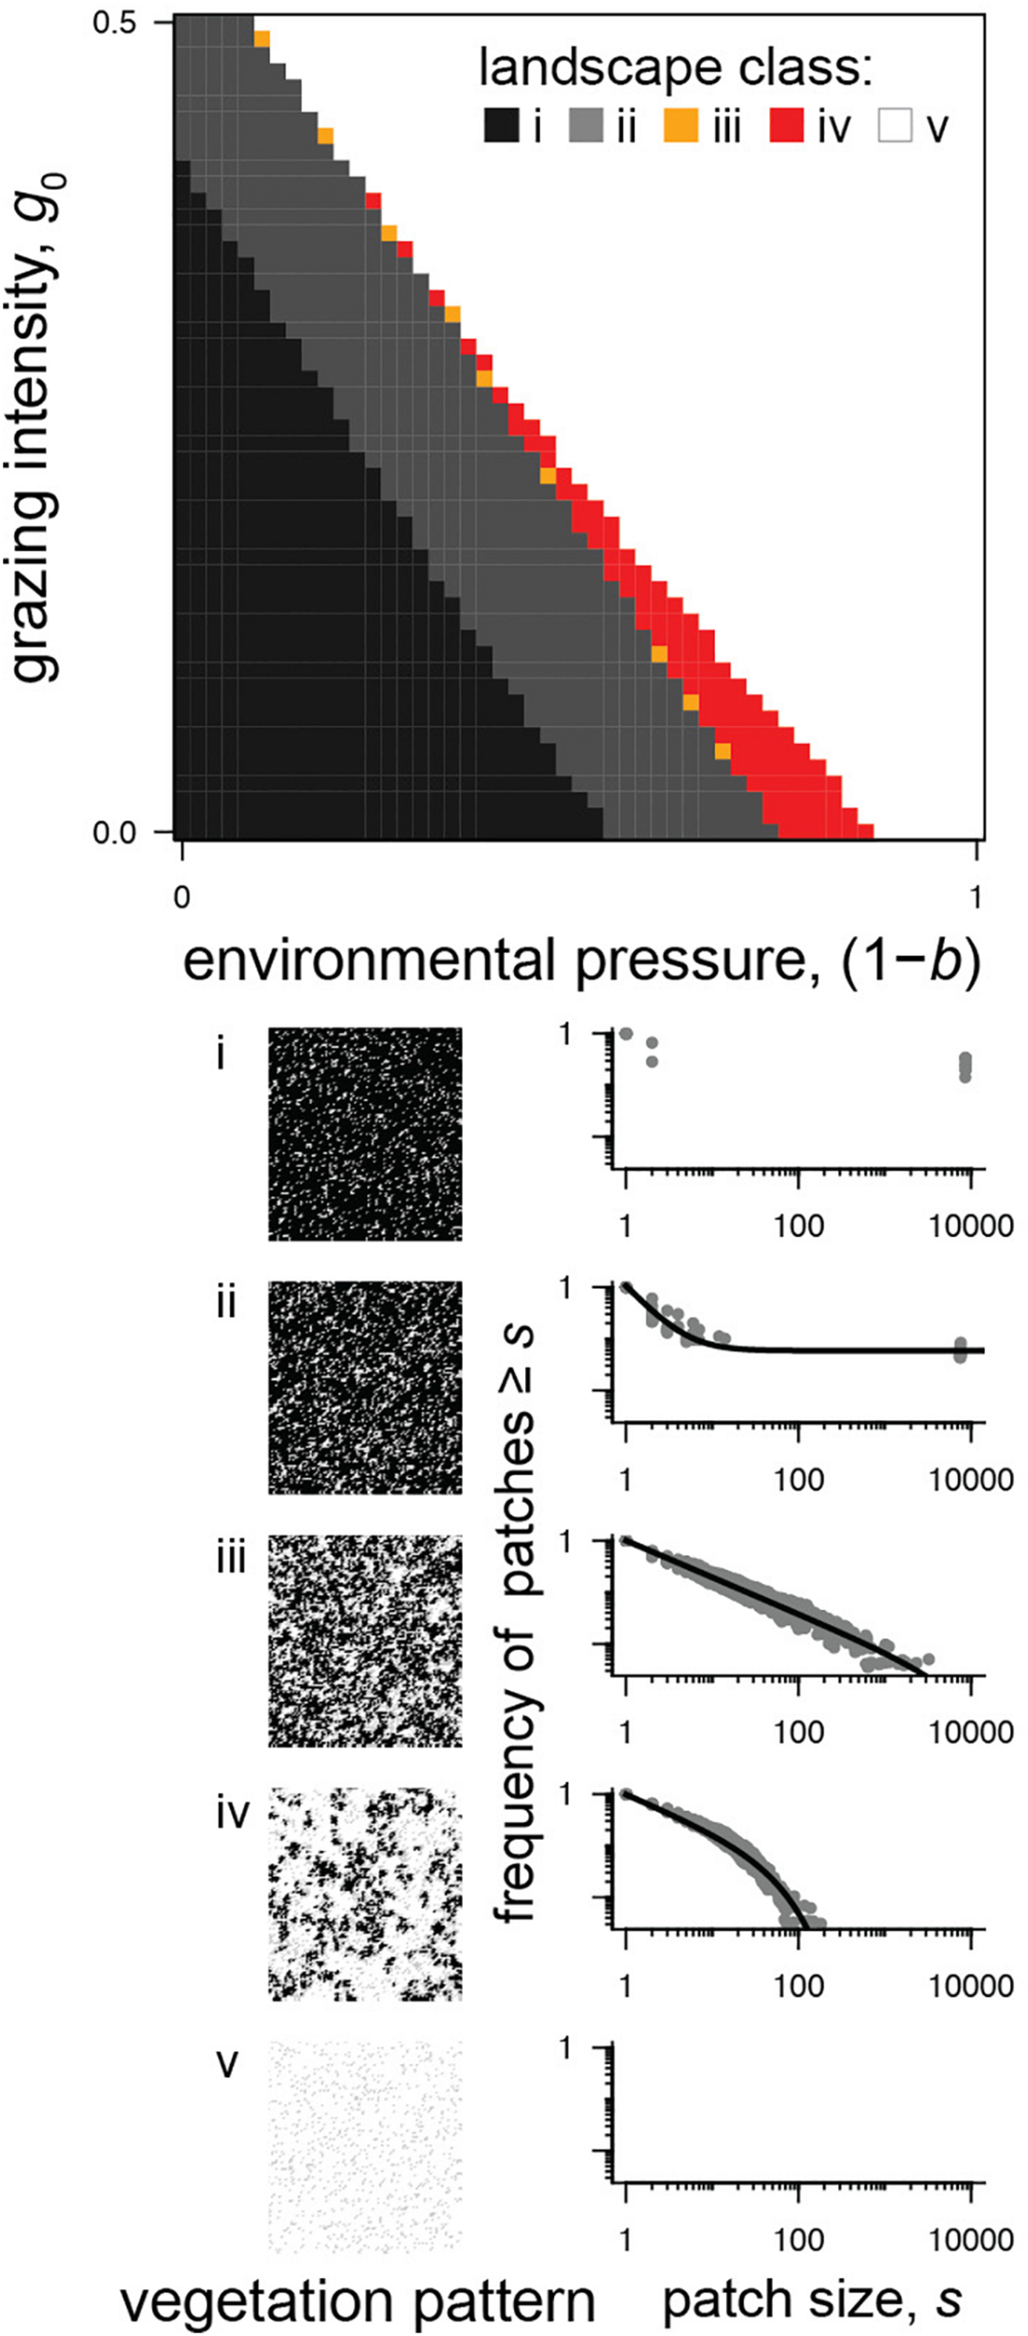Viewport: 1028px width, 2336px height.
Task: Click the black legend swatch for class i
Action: [501, 125]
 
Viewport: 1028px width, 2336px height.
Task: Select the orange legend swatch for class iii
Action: [681, 125]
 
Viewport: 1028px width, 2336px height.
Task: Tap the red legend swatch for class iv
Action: [787, 125]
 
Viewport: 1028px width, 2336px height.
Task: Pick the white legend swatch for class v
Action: [894, 125]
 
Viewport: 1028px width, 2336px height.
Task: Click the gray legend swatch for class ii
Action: [585, 125]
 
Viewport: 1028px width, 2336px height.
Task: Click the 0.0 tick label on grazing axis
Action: [115, 833]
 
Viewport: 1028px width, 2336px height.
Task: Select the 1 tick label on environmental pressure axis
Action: [975, 897]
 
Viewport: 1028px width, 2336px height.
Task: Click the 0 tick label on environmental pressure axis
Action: [181, 897]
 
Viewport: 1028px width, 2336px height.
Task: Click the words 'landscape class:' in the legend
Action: [675, 68]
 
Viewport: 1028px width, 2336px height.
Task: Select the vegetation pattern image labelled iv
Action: [365, 1892]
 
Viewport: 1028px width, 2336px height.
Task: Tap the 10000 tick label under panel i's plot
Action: [971, 1225]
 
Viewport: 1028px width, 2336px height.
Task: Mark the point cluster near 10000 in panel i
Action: [965, 1066]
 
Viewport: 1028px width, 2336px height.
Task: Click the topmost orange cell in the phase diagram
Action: [262, 39]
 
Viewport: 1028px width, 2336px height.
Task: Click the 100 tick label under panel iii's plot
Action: [798, 1731]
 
